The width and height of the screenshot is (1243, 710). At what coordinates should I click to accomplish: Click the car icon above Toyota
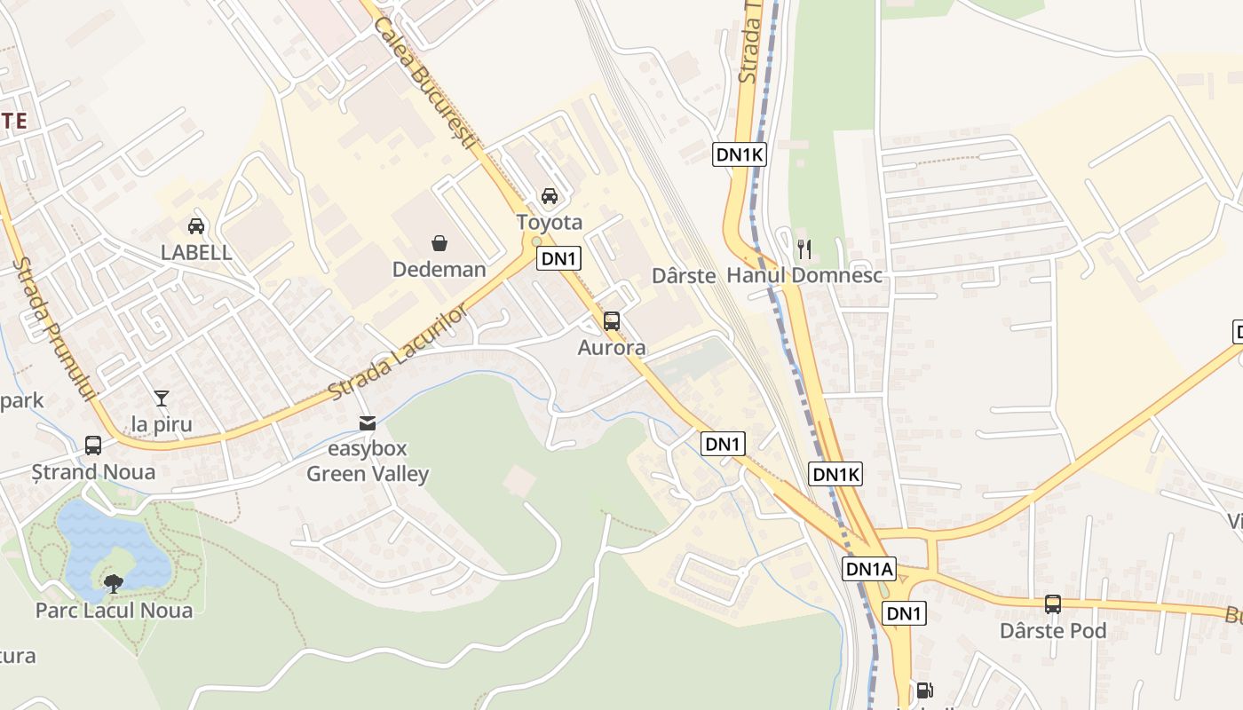[x=550, y=196]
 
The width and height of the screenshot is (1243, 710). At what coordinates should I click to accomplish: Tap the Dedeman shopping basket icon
[x=439, y=242]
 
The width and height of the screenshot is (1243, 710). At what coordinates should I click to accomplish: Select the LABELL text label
[x=196, y=252]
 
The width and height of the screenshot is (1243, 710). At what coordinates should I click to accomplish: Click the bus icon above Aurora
[x=611, y=321]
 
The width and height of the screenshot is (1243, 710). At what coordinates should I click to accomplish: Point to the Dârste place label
[x=684, y=275]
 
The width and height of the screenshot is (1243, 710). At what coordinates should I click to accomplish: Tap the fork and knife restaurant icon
[x=804, y=248]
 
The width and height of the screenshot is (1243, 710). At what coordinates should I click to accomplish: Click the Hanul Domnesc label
[x=804, y=275]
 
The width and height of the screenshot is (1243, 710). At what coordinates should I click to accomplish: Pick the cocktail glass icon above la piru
[x=161, y=398]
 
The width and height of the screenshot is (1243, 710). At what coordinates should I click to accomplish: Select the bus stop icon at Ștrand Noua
[x=93, y=446]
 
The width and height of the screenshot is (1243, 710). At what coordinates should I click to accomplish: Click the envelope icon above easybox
[x=368, y=423]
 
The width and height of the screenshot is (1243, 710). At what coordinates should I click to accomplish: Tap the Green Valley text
[x=368, y=474]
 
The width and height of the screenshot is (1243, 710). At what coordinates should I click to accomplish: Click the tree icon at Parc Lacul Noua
[x=113, y=583]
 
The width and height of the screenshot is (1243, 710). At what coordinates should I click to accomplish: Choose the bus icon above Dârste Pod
[x=1052, y=604]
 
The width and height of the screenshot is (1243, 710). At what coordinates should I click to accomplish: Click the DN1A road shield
[x=869, y=569]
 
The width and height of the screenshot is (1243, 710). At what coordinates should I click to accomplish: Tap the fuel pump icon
[x=923, y=690]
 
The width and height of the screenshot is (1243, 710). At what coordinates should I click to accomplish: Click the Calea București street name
[x=427, y=84]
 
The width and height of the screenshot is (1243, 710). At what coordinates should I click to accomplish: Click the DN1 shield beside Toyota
[x=559, y=258]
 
